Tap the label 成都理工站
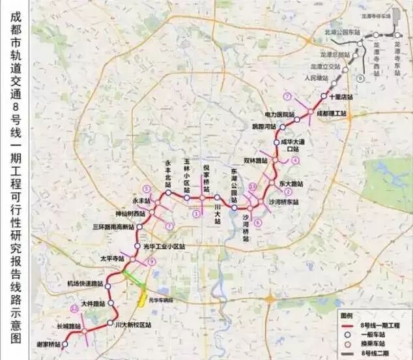tap(332, 113)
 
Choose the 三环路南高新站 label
tap(113, 227)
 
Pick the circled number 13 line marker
tap(253, 187)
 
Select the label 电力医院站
tap(279, 115)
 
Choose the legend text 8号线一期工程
tap(378, 324)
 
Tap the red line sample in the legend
tap(350, 324)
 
